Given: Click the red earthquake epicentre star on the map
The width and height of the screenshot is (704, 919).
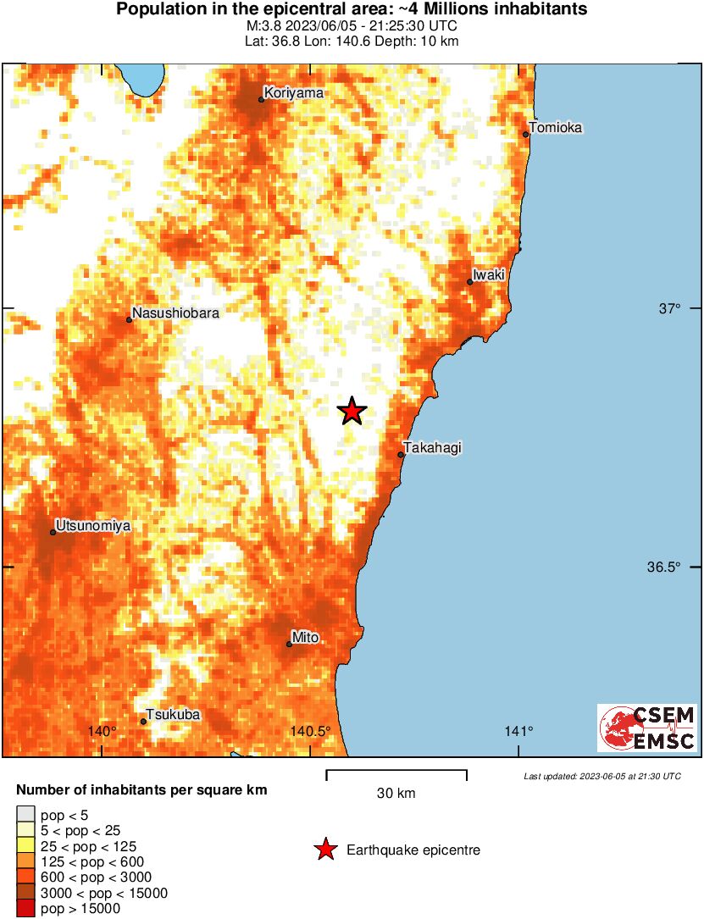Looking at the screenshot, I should pos(352,412).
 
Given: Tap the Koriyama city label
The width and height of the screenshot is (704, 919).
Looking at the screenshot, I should pos(293,93).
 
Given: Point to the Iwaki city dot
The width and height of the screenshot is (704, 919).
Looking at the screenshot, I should pos(470,282).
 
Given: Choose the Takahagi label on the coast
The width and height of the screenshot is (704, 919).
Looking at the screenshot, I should pos(432,448).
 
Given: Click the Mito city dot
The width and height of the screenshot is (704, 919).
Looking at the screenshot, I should pos(289,645).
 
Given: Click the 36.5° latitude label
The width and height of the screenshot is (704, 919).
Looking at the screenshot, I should pos(664,567).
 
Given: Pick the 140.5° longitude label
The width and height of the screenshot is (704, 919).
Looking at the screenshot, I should pos(310,732).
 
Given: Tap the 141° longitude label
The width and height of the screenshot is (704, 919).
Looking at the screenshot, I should pos(518,732).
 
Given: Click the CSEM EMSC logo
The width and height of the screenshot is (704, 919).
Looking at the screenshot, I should pos(647,728).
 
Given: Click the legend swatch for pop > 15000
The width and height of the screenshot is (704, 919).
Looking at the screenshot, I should pos(26,909).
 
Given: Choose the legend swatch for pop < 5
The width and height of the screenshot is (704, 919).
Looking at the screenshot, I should pos(26,815).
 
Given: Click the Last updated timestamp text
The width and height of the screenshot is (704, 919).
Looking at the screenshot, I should pos(601,776).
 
